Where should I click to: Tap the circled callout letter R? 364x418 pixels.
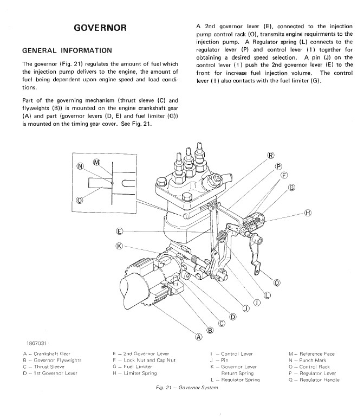click(x=271, y=156)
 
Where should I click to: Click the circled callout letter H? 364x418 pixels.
click(x=308, y=213)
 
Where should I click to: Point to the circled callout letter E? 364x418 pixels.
click(x=120, y=231)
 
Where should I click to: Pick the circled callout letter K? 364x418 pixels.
click(x=120, y=246)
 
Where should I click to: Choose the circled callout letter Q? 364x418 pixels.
click(x=277, y=282)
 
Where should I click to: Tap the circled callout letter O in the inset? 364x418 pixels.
click(x=80, y=200)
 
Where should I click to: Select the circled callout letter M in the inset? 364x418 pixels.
click(x=97, y=162)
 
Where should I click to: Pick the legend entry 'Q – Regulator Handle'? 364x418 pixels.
click(x=314, y=380)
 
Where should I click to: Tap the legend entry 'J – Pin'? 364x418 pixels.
click(x=218, y=361)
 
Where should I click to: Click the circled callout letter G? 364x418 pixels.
click(x=292, y=188)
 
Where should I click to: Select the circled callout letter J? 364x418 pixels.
click(x=246, y=310)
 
